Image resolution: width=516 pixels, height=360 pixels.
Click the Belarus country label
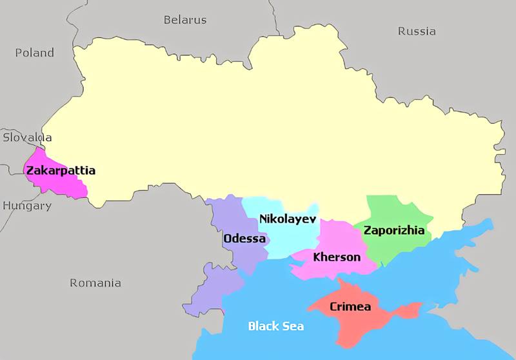click(184, 19)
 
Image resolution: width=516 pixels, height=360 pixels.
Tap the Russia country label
click(416, 31)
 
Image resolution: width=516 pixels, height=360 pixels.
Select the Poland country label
click(34, 53)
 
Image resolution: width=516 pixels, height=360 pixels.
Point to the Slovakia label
click(27, 137)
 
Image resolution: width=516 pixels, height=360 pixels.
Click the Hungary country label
click(26, 206)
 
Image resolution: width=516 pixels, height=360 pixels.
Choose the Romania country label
click(95, 283)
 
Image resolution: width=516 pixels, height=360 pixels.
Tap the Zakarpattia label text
click(61, 171)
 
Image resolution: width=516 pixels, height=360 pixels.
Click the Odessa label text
click(244, 239)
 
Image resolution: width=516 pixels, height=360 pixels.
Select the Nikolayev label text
click(288, 219)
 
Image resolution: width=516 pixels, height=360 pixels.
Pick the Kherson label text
click(336, 257)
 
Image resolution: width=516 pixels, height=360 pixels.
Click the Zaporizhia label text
click(393, 230)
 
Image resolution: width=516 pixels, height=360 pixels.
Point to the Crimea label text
click(350, 306)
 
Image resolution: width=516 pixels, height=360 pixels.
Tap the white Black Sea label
click(275, 326)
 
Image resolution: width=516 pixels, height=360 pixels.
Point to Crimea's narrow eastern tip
click(413, 310)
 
